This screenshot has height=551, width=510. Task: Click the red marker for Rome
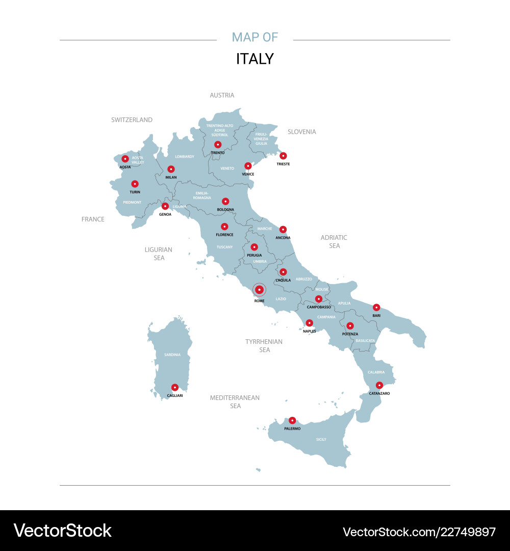259,290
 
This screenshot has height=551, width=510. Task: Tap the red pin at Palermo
292,420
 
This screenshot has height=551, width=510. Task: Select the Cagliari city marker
175,387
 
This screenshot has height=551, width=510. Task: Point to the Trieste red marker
283,156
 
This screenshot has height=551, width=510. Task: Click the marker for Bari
376,307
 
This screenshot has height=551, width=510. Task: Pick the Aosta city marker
125,159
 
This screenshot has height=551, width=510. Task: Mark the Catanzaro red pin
379,385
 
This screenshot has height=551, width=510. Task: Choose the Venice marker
248,166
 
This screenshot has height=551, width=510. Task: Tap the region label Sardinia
172,355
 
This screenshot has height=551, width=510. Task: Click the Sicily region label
321,439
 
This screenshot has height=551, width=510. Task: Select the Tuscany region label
224,247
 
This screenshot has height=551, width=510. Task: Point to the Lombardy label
185,157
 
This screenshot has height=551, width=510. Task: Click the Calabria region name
376,372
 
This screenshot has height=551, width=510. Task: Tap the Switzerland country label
132,120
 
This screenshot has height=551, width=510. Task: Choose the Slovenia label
301,132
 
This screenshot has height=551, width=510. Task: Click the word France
93,219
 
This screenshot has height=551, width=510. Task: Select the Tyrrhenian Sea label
264,345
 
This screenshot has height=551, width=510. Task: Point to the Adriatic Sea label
334,241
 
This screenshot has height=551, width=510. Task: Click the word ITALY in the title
254,59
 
